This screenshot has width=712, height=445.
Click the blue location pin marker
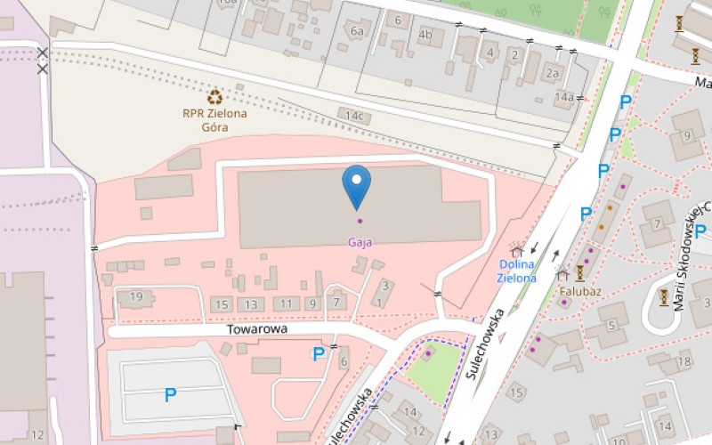click(x=357, y=186)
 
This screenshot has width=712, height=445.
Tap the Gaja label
click(x=360, y=242)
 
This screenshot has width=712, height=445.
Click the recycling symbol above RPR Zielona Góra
click(x=214, y=97)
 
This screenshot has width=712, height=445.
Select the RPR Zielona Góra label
click(x=214, y=120)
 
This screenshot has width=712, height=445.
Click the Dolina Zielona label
click(x=517, y=271)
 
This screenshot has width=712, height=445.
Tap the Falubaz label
click(x=579, y=291)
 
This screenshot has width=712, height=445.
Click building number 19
click(x=136, y=296)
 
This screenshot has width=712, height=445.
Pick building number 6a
click(x=358, y=31)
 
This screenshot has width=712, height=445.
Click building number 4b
click(x=425, y=36)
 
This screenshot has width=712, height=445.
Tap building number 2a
click(x=554, y=74)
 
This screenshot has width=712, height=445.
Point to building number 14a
click(x=563, y=96)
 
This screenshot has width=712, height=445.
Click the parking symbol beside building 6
click(x=318, y=354)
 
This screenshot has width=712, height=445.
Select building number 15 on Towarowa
click(x=222, y=304)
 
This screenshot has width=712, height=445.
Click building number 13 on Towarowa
click(x=253, y=304)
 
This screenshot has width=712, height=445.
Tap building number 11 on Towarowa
click(x=286, y=304)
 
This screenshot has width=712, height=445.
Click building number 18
click(x=684, y=360)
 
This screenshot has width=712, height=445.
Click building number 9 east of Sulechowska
click(x=687, y=136)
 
